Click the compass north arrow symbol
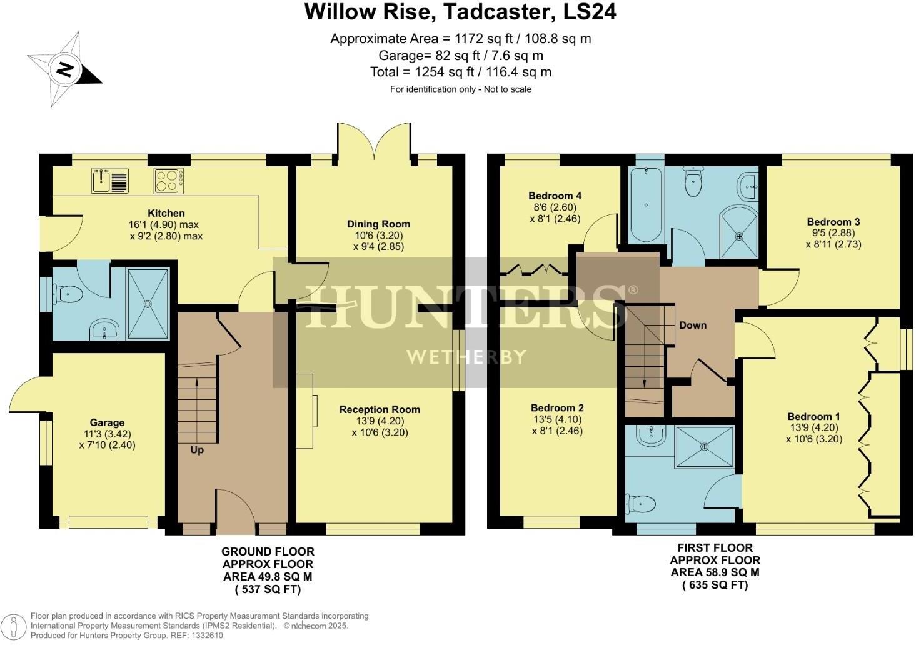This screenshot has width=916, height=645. (64, 69)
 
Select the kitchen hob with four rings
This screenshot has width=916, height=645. (168, 181)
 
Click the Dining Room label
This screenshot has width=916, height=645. (378, 224)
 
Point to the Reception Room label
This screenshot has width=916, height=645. (380, 409)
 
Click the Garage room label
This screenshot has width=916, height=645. (107, 422)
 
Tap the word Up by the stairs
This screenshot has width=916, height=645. (197, 449)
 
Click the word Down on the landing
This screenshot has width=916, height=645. (693, 325)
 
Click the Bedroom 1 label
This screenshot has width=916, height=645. (813, 416)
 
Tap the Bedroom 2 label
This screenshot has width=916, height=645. (557, 408)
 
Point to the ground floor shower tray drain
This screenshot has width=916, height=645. (148, 304)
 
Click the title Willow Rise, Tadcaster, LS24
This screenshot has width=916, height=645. (460, 12)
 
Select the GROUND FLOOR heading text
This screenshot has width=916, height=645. (268, 551)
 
